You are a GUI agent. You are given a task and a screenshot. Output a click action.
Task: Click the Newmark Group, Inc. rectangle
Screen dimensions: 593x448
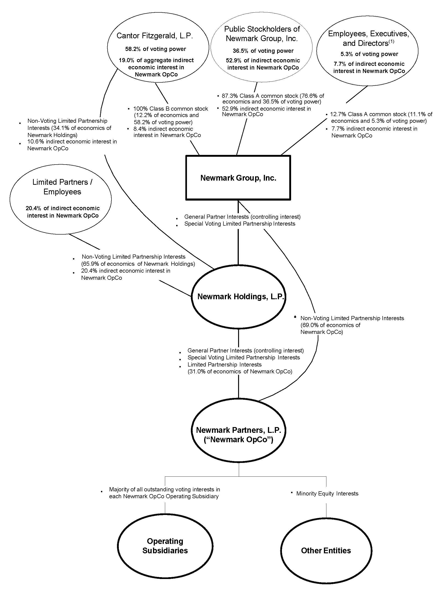pos(238,178)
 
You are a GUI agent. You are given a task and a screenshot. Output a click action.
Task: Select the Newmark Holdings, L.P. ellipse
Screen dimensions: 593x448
pos(239,296)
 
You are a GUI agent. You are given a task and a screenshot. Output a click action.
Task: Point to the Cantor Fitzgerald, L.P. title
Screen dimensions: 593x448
pos(155,36)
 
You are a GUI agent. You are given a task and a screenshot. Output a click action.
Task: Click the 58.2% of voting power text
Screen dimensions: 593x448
pos(155,49)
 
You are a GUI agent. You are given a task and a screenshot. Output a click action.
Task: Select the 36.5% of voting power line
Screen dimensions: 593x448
pos(263,51)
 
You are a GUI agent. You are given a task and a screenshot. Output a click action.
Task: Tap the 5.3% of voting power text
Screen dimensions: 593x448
pos(369,54)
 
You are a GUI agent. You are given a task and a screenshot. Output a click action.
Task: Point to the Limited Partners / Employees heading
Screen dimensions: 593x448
pos(62,187)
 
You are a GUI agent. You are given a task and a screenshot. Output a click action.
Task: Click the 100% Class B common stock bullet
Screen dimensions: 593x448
pos(170,109)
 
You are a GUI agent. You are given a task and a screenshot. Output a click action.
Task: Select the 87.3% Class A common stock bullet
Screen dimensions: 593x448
pos(273,96)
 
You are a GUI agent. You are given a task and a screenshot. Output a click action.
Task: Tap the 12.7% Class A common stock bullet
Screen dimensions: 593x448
pos(381,114)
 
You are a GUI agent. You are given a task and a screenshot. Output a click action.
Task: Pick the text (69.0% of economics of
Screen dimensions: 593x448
pos(330,325)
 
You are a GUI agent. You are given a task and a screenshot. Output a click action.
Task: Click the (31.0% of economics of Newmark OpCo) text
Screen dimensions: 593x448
pos(240,372)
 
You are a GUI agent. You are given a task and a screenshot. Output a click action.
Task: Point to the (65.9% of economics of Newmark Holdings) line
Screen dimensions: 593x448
pos(138,264)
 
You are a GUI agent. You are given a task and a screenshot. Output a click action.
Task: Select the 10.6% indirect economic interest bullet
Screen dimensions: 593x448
pos(72,142)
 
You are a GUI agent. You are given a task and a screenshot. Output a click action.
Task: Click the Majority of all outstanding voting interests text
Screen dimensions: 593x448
pos(164,489)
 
